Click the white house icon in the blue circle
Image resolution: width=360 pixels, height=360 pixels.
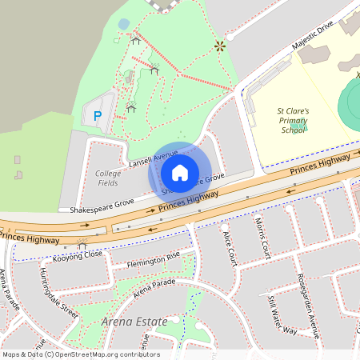pos(180,172)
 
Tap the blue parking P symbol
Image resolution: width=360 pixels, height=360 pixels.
pos(98,117)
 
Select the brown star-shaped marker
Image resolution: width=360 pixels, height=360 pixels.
pos(218,46)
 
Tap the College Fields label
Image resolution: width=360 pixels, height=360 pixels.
pos(108,178)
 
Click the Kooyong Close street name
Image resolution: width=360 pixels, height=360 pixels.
pos(78,255)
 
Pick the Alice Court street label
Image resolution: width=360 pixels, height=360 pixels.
pos(230,248)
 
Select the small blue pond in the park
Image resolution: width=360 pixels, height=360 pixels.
pos(123,24)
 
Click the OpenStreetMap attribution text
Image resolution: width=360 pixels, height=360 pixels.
pos(80,354)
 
